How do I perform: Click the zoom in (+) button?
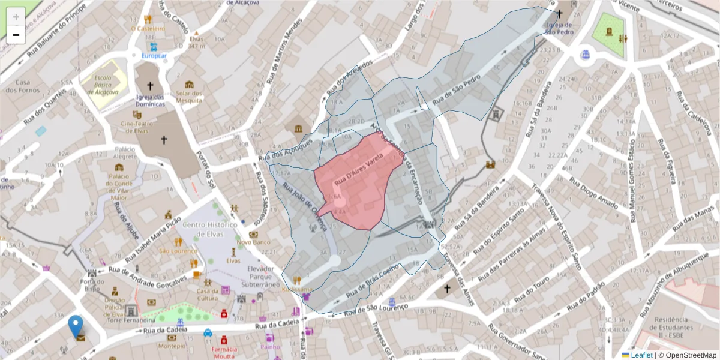(x=16, y=17)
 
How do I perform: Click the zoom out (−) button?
(x=16, y=35)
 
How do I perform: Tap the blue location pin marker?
(x=76, y=326)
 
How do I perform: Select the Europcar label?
(x=154, y=56)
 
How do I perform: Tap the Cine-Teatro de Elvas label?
(x=133, y=127)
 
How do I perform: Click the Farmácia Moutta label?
(x=224, y=352)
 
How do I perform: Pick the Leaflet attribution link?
(x=641, y=355)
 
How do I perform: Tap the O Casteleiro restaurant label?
(x=148, y=28)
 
